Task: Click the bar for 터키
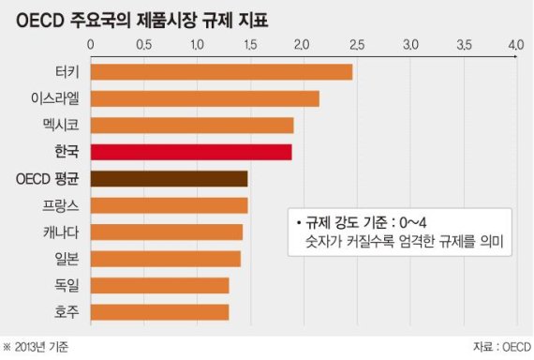(221, 72)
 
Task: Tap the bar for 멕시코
(191, 125)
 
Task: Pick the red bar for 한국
(190, 152)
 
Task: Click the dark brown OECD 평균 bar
(169, 178)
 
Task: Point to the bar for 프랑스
(169, 204)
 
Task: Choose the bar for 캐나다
(166, 232)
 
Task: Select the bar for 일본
(165, 258)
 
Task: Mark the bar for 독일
(159, 284)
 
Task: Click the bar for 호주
(159, 310)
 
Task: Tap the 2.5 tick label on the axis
(357, 44)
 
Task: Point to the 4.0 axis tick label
(516, 44)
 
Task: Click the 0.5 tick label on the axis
(144, 44)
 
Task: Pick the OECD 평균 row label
(49, 178)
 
